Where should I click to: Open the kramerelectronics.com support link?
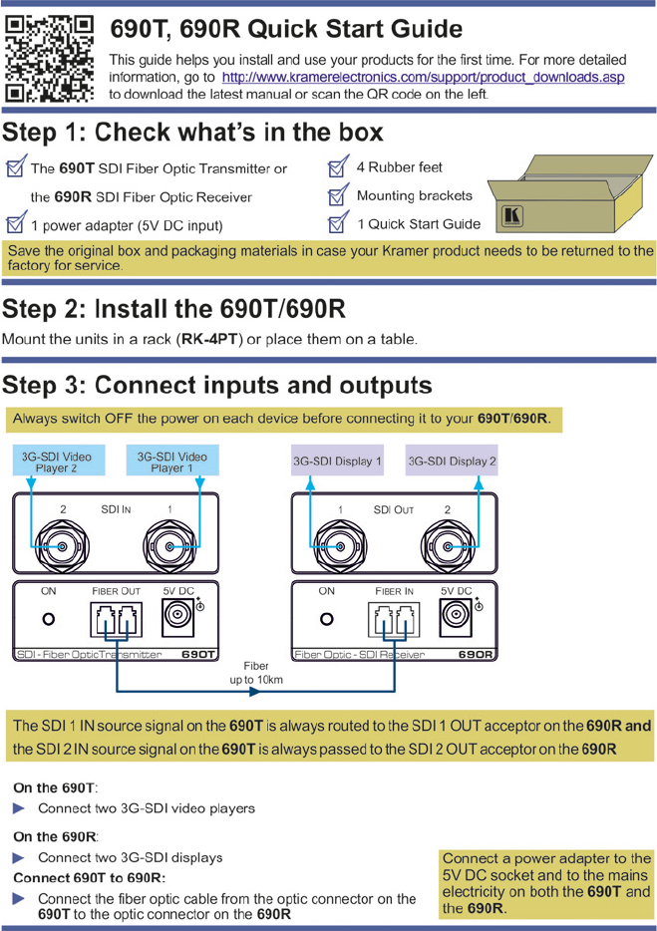[x=423, y=77]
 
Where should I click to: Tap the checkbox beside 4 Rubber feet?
[x=338, y=167]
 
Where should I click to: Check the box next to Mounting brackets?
[x=338, y=196]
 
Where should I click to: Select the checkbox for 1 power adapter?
[x=15, y=225]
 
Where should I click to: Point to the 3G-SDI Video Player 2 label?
[x=56, y=462]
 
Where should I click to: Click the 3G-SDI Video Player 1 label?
[x=171, y=462]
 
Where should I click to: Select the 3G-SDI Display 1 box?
[x=337, y=462]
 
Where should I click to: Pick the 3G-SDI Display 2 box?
[x=452, y=462]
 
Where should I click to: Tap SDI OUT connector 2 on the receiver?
[x=447, y=544]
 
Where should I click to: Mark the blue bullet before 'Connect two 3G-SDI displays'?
[x=19, y=857]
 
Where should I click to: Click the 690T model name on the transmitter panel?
[x=198, y=655]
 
